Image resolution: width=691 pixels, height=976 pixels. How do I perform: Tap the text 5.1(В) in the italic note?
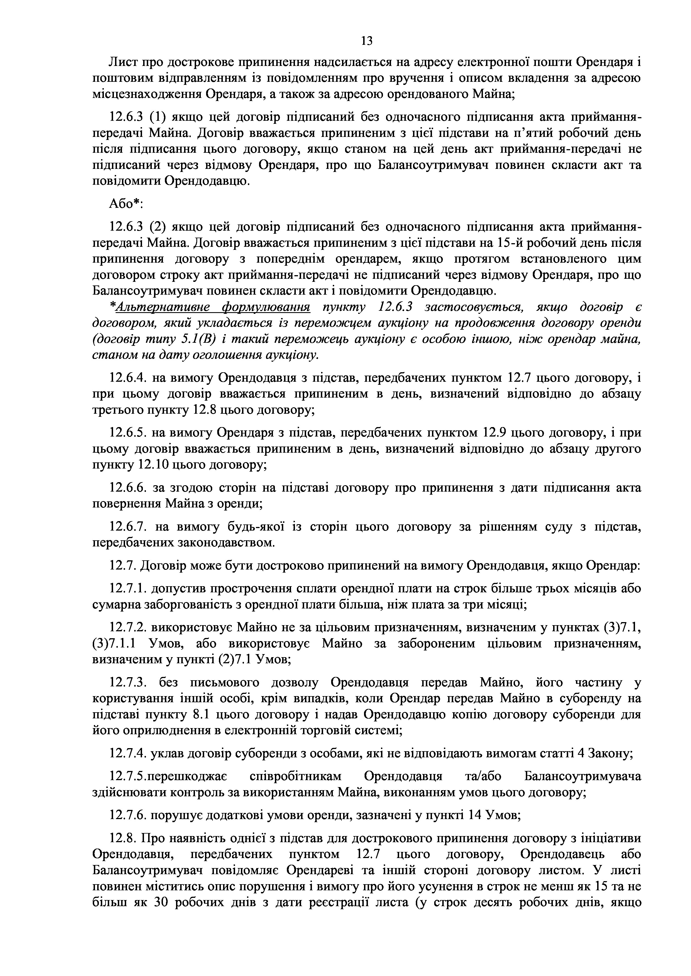tap(195, 339)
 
